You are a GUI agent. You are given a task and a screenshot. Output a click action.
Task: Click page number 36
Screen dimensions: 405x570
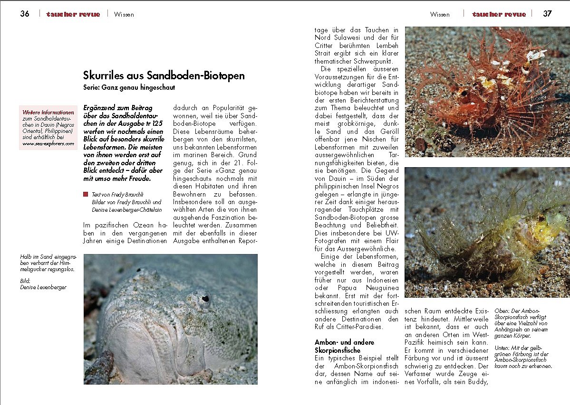point(25,14)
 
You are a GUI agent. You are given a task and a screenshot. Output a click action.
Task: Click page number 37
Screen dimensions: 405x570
point(547,14)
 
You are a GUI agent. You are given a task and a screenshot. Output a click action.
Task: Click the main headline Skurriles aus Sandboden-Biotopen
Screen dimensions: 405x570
point(164,75)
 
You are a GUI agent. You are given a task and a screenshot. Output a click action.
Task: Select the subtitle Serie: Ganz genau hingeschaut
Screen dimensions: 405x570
point(129,87)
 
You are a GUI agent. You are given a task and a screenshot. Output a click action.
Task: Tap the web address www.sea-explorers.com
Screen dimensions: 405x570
point(48,143)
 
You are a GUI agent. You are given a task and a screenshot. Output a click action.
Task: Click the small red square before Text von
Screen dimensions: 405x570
point(86,194)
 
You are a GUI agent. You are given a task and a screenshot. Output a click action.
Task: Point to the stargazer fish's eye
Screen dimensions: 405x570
point(205,299)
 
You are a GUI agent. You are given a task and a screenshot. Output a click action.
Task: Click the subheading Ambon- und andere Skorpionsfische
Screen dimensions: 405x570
point(345,346)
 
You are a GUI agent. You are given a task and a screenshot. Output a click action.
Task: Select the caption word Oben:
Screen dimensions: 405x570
point(503,311)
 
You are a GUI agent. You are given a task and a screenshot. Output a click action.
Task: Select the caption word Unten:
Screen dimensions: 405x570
point(504,348)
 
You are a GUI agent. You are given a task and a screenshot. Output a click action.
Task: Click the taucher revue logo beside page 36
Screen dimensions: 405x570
point(73,14)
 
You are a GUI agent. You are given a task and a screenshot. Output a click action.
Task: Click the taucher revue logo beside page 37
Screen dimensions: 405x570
point(499,14)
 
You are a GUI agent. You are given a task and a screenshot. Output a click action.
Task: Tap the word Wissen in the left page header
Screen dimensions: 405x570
point(124,14)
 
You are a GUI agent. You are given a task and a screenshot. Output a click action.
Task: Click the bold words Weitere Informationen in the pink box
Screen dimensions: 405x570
point(48,113)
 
